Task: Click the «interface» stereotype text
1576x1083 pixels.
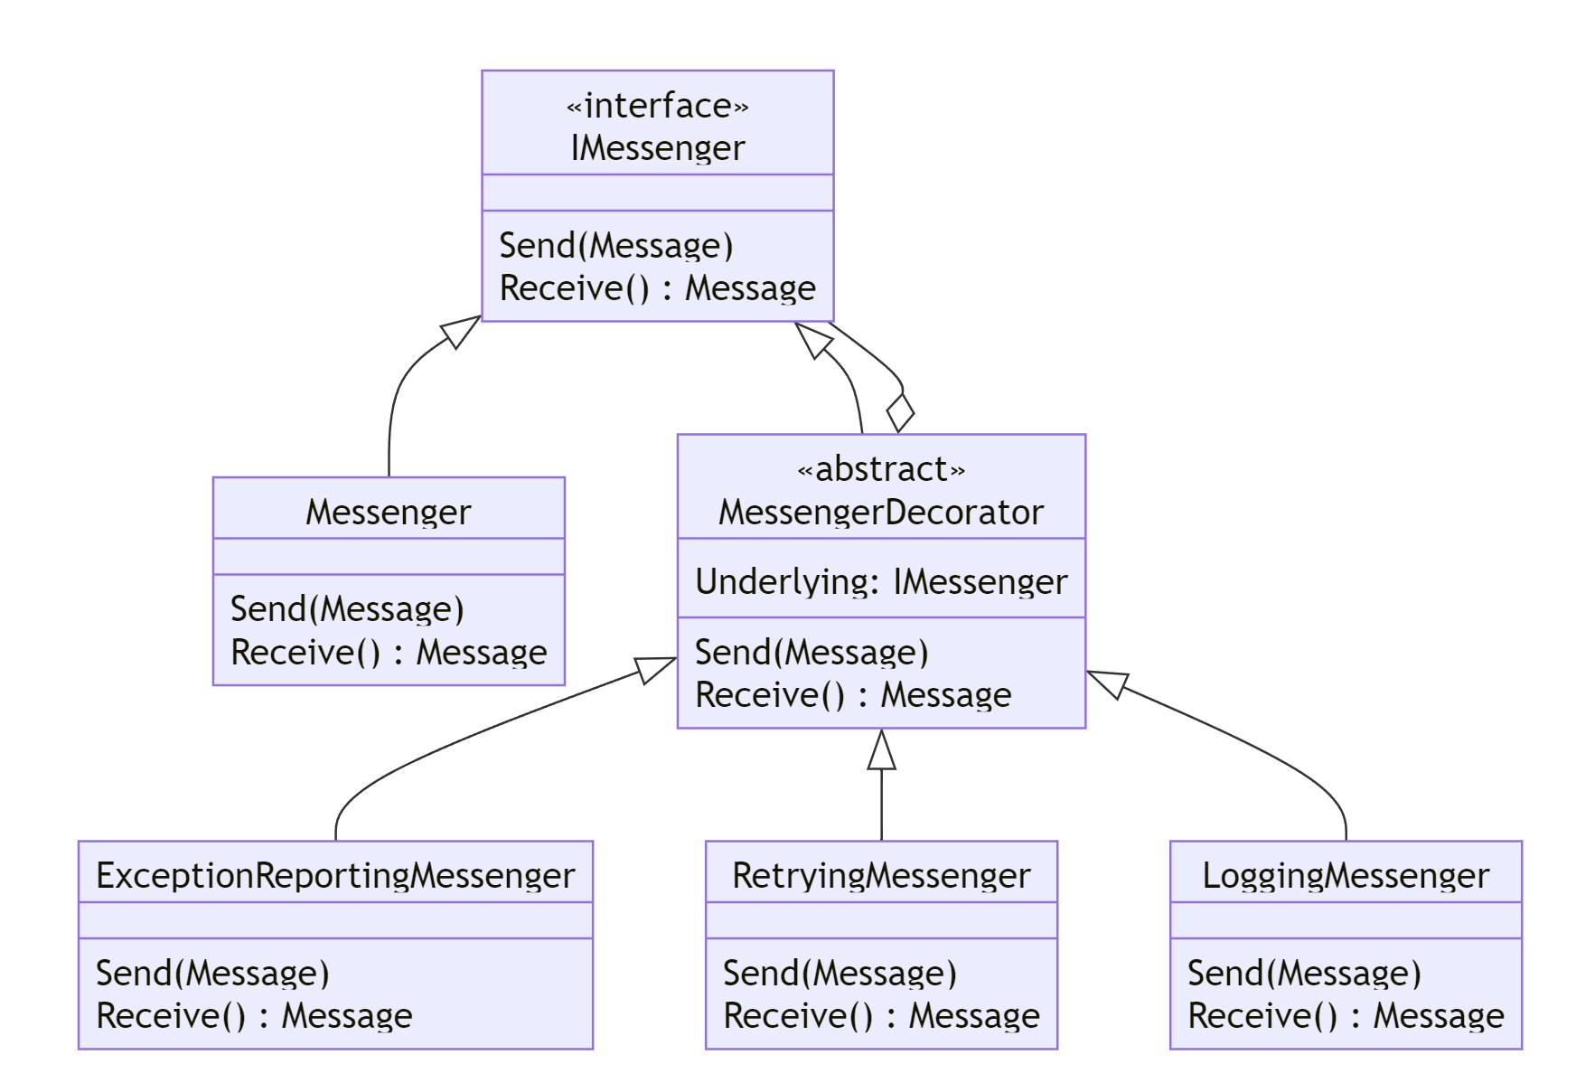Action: tap(657, 106)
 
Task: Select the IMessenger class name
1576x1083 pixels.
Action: tap(657, 148)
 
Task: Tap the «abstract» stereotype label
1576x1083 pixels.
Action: tap(881, 469)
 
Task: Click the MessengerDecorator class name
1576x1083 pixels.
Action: tap(881, 513)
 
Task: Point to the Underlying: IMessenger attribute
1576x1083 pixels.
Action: tap(881, 581)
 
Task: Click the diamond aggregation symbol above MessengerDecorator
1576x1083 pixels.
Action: tap(900, 413)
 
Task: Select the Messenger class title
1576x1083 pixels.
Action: tap(389, 513)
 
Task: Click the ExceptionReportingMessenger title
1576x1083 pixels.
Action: tap(335, 875)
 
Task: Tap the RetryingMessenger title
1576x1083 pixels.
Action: tap(881, 875)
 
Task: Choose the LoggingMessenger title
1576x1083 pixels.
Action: tap(1346, 875)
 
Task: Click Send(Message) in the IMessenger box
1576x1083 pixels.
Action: tap(616, 246)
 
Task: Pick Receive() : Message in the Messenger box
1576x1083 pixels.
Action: tap(389, 652)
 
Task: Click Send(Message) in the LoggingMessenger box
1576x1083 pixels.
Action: tap(1304, 973)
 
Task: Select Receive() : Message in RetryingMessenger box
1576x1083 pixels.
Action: tap(881, 1015)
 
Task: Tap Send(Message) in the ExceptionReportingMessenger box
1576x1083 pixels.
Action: tap(212, 973)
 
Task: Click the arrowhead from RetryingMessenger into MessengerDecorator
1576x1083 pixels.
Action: tap(881, 750)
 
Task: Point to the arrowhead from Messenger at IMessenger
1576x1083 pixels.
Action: tap(460, 331)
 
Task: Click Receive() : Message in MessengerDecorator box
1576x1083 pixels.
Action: tap(853, 694)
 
